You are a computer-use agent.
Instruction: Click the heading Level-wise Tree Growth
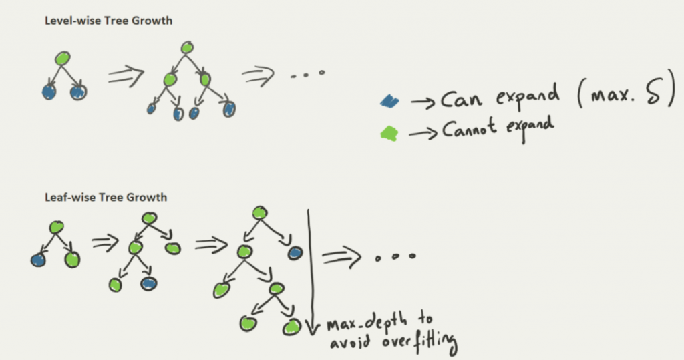point(108,21)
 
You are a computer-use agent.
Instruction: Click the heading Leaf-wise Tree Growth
point(106,198)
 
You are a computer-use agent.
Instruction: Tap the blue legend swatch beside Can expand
point(389,102)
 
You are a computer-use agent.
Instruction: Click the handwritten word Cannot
point(468,129)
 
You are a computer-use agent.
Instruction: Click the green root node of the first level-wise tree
point(62,58)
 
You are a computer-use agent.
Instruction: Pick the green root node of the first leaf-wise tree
point(56,227)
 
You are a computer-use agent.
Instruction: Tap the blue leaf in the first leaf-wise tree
point(38,260)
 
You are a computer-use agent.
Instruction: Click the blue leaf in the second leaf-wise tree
point(148,283)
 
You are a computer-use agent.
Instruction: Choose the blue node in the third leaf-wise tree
point(295,252)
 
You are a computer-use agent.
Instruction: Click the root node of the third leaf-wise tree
point(260,212)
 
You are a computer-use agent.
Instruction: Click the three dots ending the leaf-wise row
point(397,256)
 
